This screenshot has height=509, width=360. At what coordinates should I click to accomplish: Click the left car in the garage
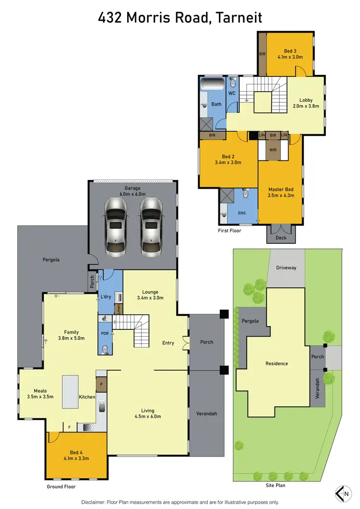click(116, 226)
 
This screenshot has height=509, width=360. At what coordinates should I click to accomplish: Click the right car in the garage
click(151, 226)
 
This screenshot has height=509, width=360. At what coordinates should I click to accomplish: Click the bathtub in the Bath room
click(212, 85)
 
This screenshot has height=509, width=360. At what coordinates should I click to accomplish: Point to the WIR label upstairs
click(273, 150)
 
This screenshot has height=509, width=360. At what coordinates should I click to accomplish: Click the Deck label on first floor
click(281, 237)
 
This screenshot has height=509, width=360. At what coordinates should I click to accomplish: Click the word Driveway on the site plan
click(286, 267)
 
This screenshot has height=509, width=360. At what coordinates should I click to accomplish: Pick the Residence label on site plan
click(276, 364)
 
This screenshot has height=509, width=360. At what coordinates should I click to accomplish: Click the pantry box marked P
click(101, 384)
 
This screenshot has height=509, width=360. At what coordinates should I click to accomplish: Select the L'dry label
click(106, 297)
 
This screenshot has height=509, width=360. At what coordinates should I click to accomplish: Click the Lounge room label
click(150, 291)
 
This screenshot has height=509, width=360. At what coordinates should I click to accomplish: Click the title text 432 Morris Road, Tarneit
click(180, 18)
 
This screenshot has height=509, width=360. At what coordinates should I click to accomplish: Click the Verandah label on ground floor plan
click(206, 412)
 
